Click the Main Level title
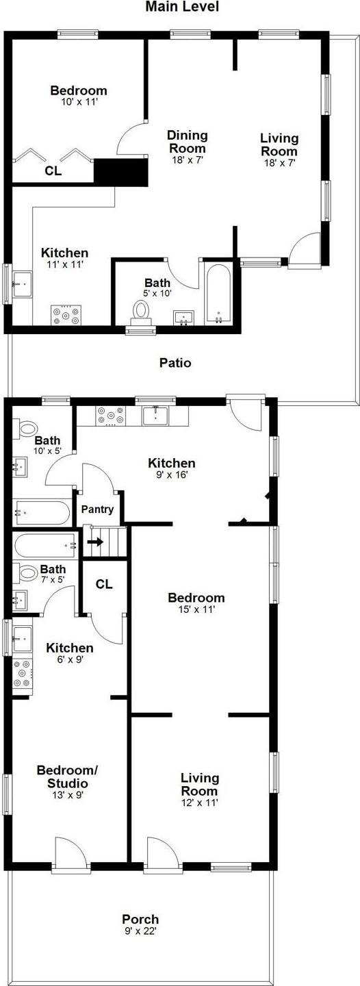click(x=181, y=7)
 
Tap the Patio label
click(x=175, y=363)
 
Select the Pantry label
click(x=97, y=509)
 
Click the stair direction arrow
click(x=95, y=542)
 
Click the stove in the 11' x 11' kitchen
click(x=66, y=315)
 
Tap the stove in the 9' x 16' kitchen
click(x=110, y=416)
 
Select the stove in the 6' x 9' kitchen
click(x=23, y=673)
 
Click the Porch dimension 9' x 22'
click(x=140, y=931)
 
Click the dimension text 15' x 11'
click(x=196, y=610)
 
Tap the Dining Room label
click(x=188, y=142)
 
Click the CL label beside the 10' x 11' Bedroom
click(x=53, y=171)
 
